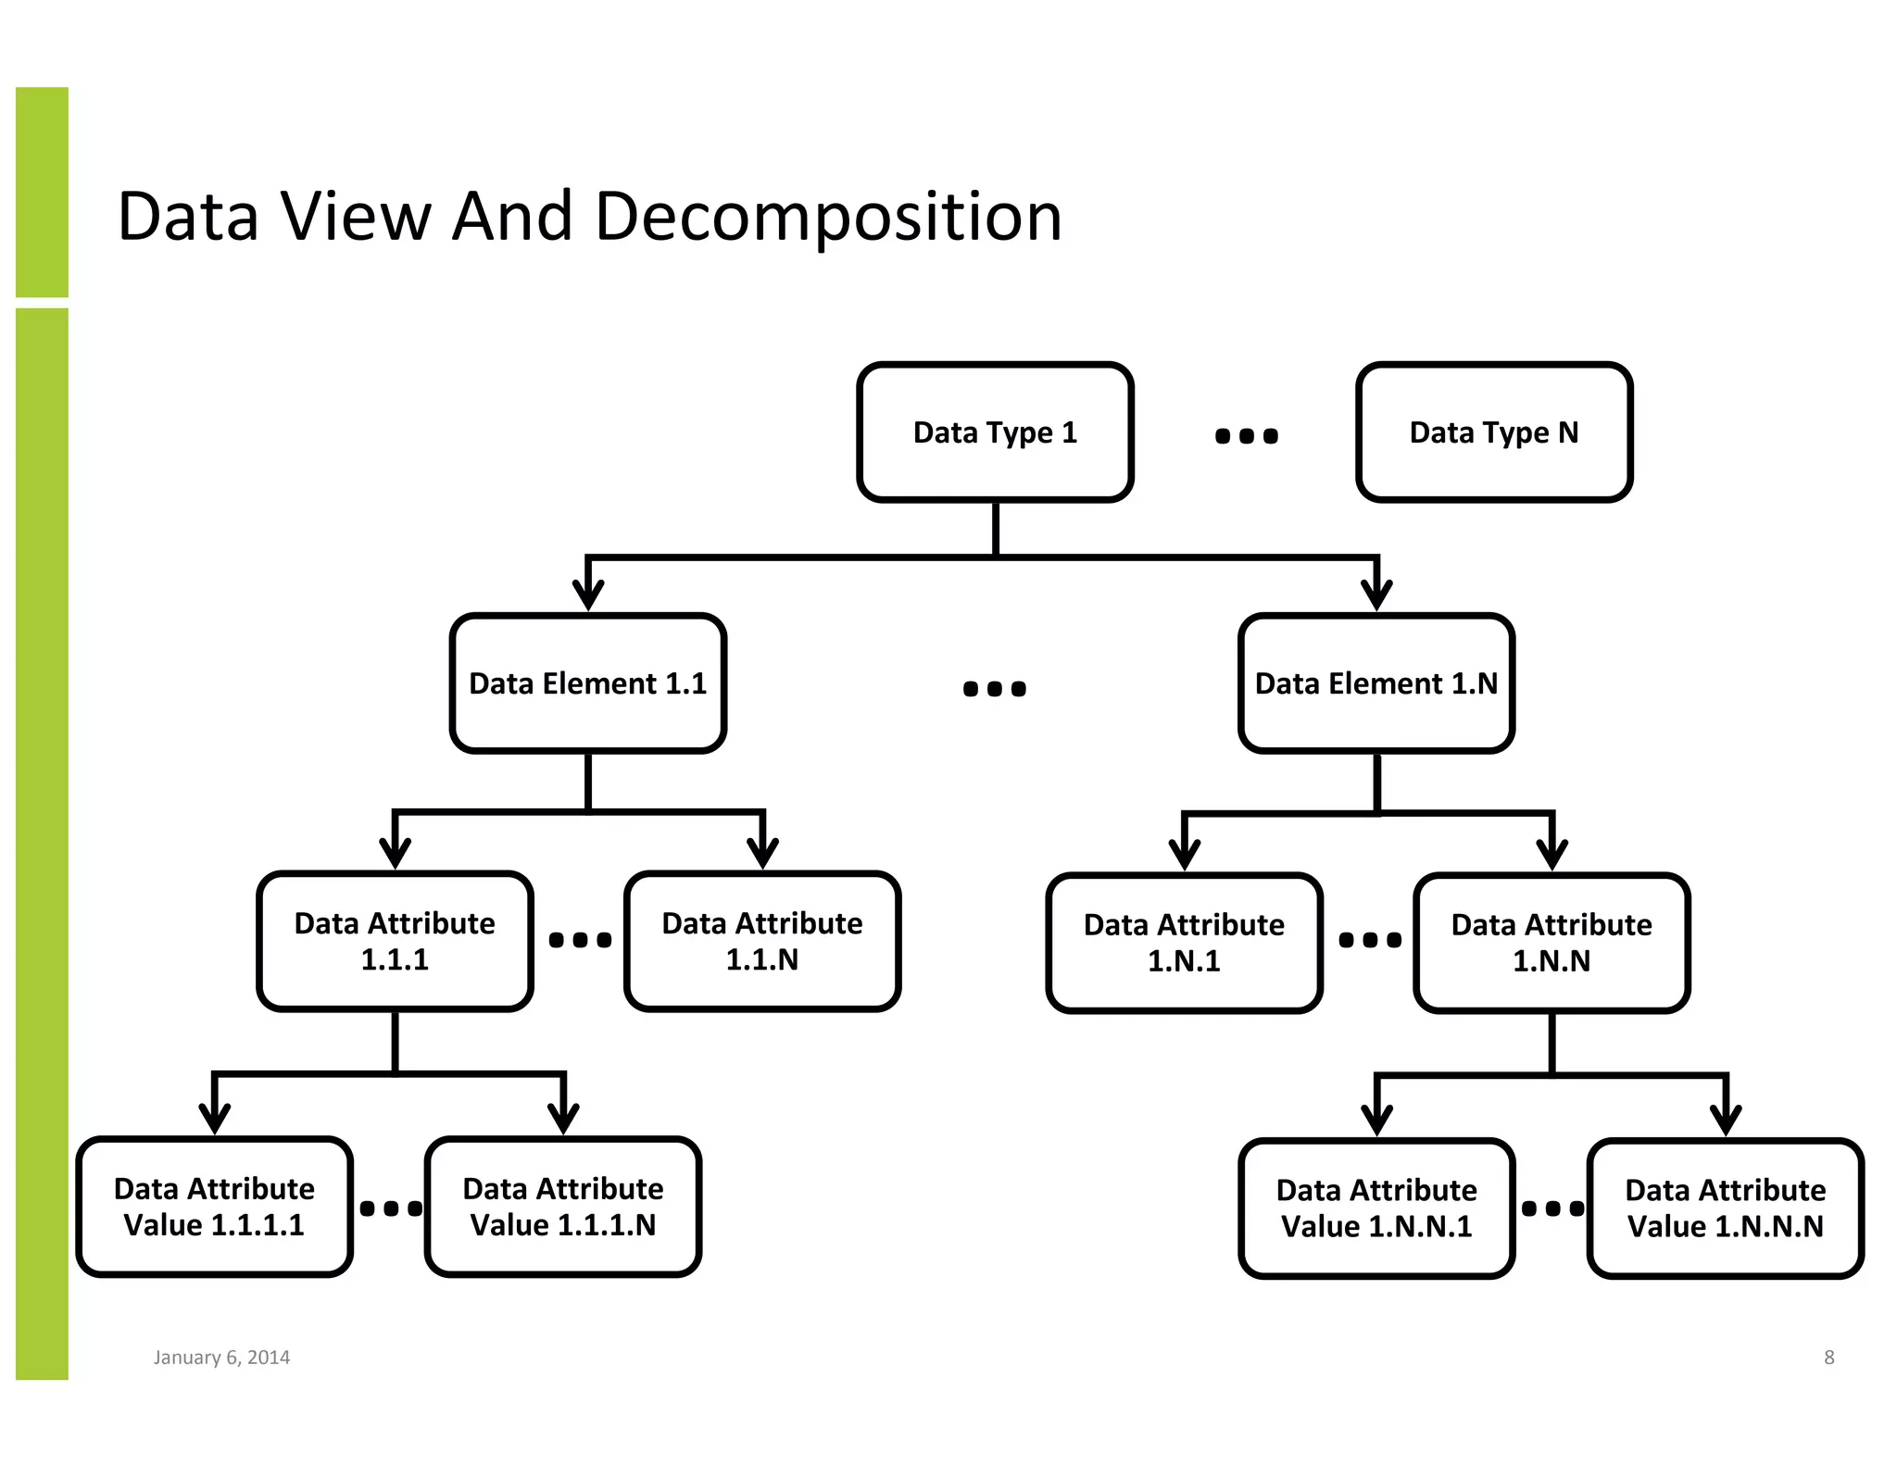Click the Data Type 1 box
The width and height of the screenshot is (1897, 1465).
coord(995,432)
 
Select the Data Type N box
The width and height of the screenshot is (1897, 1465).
coord(1493,432)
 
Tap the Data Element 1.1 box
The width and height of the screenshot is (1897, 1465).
coord(587,683)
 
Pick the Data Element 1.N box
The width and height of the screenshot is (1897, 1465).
coord(1376,683)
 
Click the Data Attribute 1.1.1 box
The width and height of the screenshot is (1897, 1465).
coord(395,941)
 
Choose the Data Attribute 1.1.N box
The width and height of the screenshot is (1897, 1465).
coord(761,941)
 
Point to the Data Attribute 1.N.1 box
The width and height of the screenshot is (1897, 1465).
coord(1184,943)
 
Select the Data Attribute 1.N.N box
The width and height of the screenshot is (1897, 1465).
coord(1551,943)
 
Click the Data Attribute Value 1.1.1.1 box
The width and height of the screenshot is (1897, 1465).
coord(214,1207)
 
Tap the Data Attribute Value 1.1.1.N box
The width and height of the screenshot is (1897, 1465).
coord(562,1207)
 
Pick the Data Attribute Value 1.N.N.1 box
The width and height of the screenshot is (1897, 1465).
coord(1376,1208)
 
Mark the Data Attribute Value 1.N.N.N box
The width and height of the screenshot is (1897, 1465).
coord(1725,1208)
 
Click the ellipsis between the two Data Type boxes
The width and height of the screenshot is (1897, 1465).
coord(1246,435)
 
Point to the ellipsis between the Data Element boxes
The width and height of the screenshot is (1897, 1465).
coord(994,688)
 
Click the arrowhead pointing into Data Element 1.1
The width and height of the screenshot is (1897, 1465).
coord(588,595)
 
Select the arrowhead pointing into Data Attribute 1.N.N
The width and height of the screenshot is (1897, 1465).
coord(1552,854)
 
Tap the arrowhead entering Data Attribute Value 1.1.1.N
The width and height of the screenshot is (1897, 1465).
coord(563,1119)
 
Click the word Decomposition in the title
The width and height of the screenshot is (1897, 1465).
coord(827,218)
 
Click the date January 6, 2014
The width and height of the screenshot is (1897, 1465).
coord(221,1358)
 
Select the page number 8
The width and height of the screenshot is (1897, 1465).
coord(1828,1358)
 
